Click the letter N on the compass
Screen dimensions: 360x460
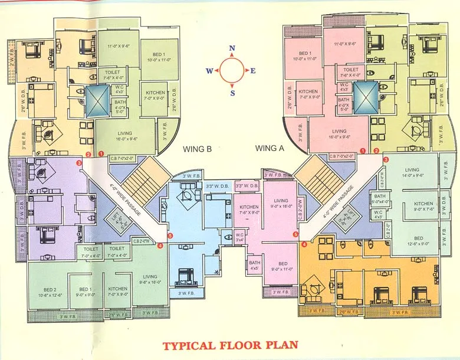tap(232, 48)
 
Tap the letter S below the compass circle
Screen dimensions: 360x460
tap(232, 93)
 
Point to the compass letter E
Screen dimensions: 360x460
tap(253, 71)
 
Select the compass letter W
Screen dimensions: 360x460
tap(209, 71)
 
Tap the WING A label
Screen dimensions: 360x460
tap(270, 149)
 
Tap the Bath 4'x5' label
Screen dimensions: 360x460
tap(255, 266)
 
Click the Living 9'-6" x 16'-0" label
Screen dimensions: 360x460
tap(150, 279)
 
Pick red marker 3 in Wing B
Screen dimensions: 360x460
tap(80, 163)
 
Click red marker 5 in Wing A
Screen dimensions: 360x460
tap(296, 234)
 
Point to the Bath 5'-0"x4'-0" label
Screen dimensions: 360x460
tap(379, 199)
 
